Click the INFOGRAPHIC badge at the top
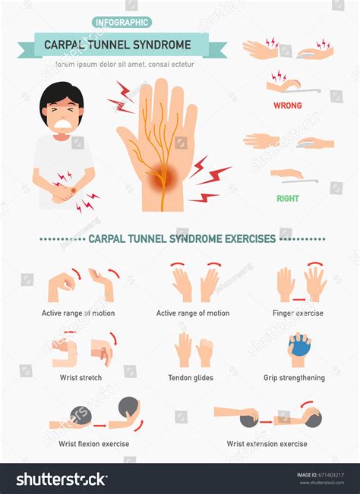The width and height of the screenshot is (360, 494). (x=121, y=22)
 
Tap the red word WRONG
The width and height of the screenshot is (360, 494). (x=287, y=105)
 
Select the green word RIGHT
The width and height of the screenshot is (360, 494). (x=287, y=199)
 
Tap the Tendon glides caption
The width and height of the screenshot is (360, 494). (x=191, y=378)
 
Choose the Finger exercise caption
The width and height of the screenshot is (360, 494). (x=298, y=313)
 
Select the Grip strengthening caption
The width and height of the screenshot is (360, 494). (x=294, y=378)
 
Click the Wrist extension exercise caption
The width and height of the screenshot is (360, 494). (x=267, y=444)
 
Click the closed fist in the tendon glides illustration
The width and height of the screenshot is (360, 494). (x=204, y=352)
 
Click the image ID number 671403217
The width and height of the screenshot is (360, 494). (x=331, y=475)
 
